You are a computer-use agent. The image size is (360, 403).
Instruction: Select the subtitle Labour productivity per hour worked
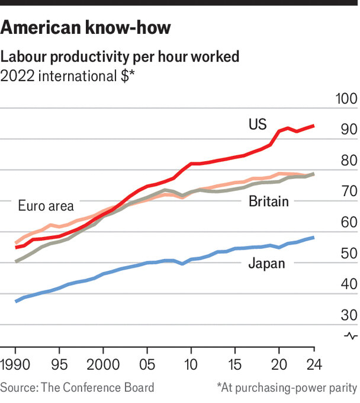(x=120, y=57)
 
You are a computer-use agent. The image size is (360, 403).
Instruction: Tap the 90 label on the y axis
(x=346, y=129)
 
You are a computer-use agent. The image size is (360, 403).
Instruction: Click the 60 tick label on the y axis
(x=346, y=222)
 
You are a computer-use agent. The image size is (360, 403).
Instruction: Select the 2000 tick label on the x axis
(x=103, y=362)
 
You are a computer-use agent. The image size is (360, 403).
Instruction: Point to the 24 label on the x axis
(x=313, y=362)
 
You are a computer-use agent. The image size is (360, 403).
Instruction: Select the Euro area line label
(x=46, y=206)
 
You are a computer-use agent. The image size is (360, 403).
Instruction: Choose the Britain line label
(x=268, y=201)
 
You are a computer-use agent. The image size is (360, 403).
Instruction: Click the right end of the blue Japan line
(x=313, y=238)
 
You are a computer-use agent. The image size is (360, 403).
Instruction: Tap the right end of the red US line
(x=313, y=126)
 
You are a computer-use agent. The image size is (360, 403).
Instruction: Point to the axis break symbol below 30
(x=350, y=335)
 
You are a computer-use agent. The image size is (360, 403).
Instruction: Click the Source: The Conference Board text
(x=78, y=388)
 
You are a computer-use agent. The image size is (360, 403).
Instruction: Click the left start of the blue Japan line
(x=16, y=301)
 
